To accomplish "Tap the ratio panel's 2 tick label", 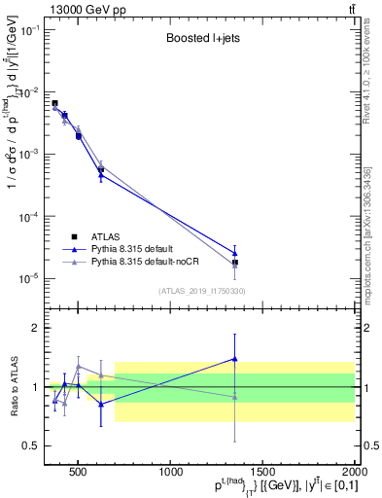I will coord(37,328).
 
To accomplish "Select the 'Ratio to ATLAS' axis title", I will coord(13,387).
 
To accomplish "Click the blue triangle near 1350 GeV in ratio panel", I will coord(235,359).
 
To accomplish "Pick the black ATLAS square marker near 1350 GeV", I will coord(235,263).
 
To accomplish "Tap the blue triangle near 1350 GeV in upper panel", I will coord(235,254).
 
